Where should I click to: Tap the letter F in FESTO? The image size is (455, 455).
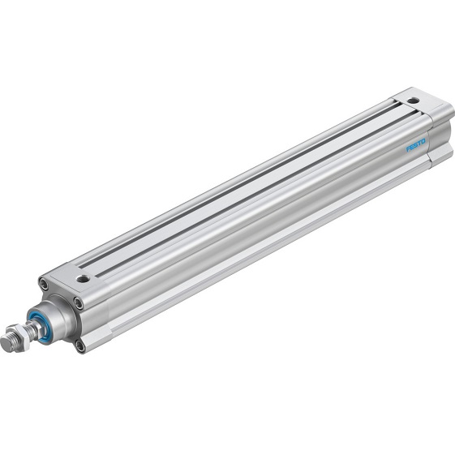tap(408, 148)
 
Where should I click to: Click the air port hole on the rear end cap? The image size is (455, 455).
tap(414, 101)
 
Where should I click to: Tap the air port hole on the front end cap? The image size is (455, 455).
tap(82, 278)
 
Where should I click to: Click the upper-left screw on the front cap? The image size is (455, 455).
tap(43, 283)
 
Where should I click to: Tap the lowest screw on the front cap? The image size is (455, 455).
tap(80, 346)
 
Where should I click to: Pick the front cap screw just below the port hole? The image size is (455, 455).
tap(78, 303)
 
